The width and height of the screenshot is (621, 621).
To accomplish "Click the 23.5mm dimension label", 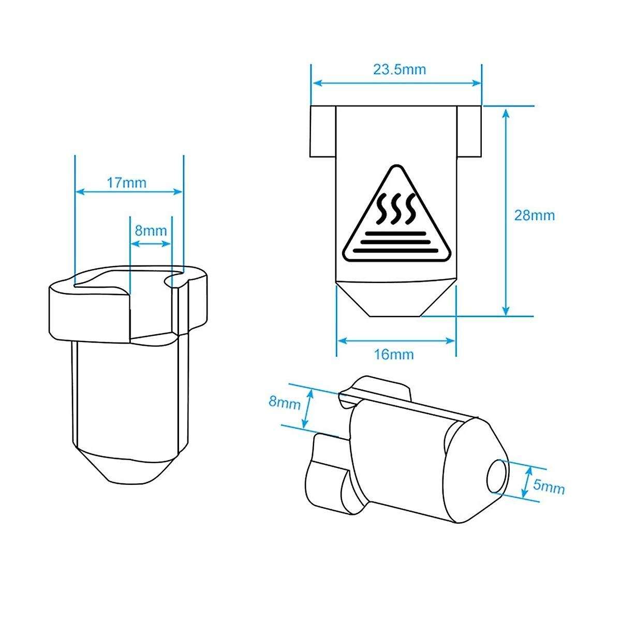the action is point(400,70).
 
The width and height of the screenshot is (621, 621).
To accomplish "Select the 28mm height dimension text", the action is point(534,216).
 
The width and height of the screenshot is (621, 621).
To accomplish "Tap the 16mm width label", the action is point(394,355).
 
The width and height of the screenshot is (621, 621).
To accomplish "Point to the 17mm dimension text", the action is point(126,183).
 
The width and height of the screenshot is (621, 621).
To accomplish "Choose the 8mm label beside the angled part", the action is point(285,403).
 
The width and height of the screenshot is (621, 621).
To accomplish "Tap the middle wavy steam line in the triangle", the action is point(395,209).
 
